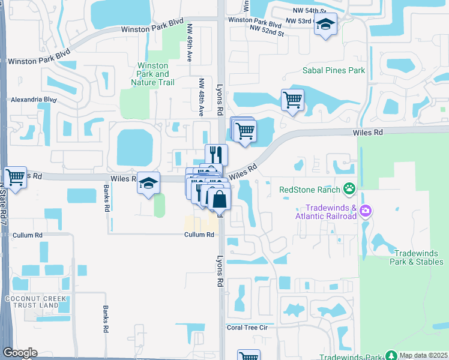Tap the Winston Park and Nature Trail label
[153, 74]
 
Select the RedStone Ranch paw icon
[349, 190]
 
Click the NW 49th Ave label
[189, 44]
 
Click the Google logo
[20, 353]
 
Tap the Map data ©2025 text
[424, 355]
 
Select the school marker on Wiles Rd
[148, 184]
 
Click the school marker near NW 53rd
[325, 25]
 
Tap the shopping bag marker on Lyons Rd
[220, 199]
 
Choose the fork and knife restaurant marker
[216, 154]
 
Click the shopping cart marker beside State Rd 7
[15, 177]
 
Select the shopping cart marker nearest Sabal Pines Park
[292, 100]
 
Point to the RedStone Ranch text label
[310, 190]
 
